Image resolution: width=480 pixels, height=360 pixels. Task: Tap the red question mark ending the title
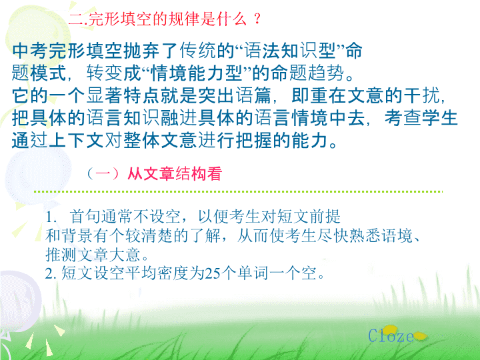[257, 19]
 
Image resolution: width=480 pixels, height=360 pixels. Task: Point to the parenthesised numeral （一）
[103, 174]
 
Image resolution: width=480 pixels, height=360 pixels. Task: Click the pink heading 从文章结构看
[175, 174]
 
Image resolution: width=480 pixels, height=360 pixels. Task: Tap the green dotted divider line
[238, 191]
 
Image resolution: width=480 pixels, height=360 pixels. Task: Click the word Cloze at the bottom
[391, 335]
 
